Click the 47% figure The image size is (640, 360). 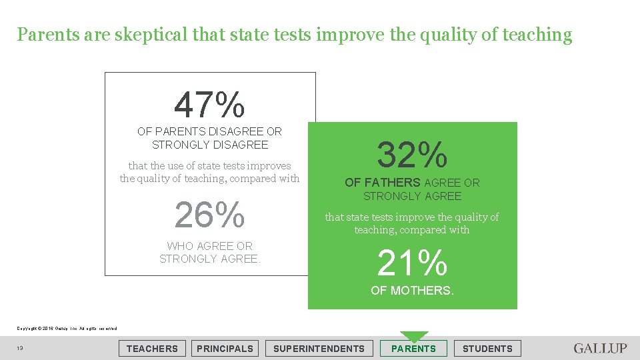(x=209, y=105)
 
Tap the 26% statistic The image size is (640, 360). (x=209, y=215)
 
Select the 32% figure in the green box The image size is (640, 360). (x=412, y=155)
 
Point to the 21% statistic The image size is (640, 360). (x=412, y=263)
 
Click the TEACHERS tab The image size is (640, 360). (x=152, y=348)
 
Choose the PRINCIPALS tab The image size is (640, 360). (x=225, y=348)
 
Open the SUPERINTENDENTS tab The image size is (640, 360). (x=319, y=348)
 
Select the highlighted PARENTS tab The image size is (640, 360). (x=413, y=348)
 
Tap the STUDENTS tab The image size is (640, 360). (x=487, y=348)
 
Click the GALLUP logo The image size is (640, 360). (x=600, y=348)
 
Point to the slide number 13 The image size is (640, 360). (x=21, y=349)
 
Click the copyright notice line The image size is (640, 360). (x=67, y=328)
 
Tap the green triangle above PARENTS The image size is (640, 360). (x=414, y=336)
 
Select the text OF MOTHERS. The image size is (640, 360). (x=412, y=290)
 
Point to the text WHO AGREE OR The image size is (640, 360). (x=209, y=246)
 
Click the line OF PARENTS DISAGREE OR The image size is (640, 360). (x=209, y=131)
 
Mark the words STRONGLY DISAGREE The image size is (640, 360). (x=209, y=145)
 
